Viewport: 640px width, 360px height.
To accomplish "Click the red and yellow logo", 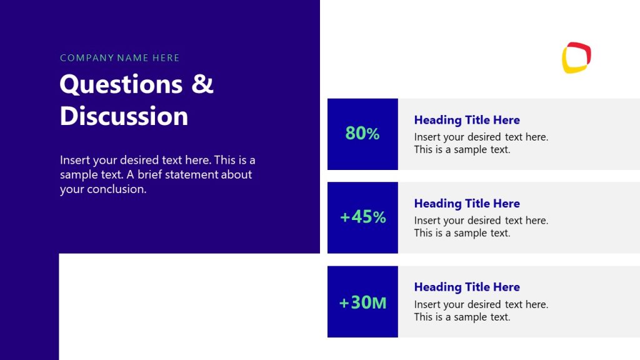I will point(576,57).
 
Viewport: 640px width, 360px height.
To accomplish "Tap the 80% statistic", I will point(362,133).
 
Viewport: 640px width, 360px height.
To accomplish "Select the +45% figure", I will point(362,217).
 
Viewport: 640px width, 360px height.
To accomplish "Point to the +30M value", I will point(362,302).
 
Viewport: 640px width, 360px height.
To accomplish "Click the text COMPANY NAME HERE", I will point(120,58).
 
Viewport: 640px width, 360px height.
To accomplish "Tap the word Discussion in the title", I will point(124,116).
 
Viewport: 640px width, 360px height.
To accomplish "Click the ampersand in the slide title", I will point(202,84).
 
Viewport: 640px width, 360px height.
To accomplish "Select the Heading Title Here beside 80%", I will point(467,120).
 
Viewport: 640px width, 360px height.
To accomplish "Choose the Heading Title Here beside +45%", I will point(467,204).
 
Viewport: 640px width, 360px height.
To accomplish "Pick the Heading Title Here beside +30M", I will point(467,287).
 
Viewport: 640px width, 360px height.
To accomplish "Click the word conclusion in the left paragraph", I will point(116,189).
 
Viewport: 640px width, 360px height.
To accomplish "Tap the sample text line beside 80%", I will point(462,150).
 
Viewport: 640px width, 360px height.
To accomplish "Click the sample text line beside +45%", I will point(462,233).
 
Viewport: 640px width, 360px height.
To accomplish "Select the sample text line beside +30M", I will point(462,317).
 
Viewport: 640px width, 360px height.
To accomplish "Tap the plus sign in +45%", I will point(345,217).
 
